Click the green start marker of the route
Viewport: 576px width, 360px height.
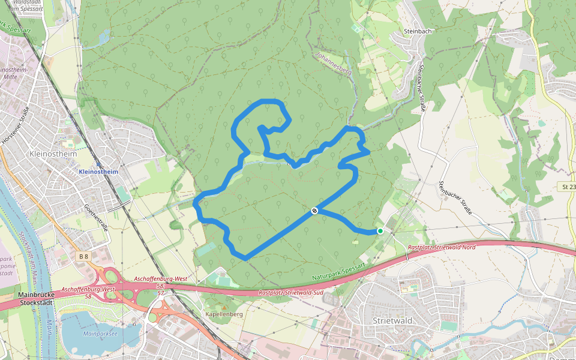[x=380, y=231]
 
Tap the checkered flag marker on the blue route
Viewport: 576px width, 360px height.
[x=314, y=211]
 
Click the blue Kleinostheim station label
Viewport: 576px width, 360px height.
[x=98, y=172]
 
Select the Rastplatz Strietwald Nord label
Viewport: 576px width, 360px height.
[x=441, y=247]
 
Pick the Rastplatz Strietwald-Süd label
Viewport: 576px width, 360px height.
[x=291, y=293]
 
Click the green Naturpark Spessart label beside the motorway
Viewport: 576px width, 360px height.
[x=338, y=272]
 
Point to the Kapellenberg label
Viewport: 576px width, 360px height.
[x=224, y=314]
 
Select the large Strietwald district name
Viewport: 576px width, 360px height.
[x=392, y=321]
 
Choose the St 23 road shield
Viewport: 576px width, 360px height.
[x=568, y=187]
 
